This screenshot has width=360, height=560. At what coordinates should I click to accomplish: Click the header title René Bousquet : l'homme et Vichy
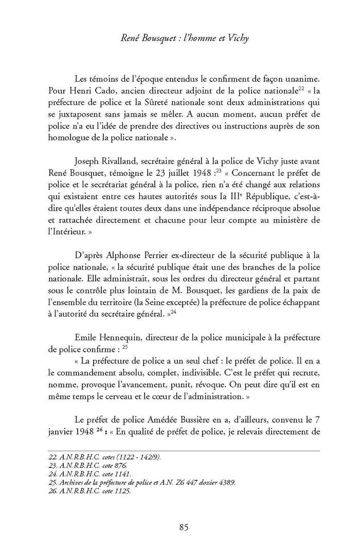click(180, 37)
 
